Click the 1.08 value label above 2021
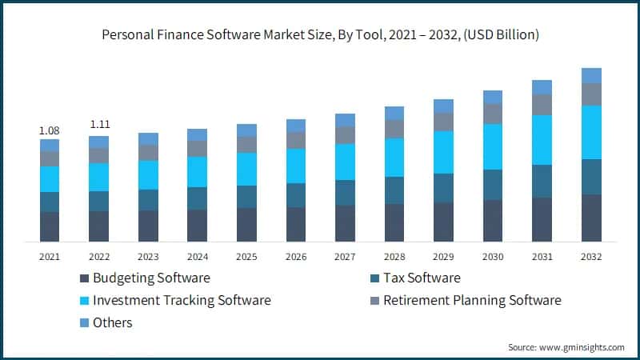point(50,130)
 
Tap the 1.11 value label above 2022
point(99,125)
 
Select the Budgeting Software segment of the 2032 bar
point(591,218)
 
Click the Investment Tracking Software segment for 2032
point(591,132)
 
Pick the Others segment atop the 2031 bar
point(542,87)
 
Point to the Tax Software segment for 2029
point(443,188)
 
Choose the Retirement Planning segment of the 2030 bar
point(493,114)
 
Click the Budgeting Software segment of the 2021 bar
point(50,226)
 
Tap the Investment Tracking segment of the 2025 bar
point(247,169)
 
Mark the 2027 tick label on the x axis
point(345,257)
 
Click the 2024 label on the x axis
point(198,257)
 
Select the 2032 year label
point(591,257)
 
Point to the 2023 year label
point(148,257)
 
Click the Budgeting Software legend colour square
point(84,278)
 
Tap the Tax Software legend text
point(422,278)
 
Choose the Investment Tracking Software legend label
point(182,301)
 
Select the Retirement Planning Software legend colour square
point(374,301)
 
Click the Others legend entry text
point(113,323)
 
